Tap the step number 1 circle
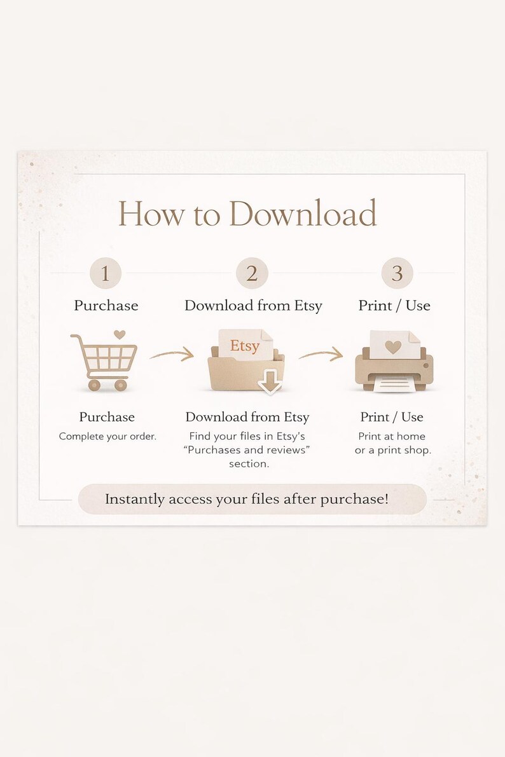tap(106, 273)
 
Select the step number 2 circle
tap(252, 273)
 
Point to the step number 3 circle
tap(398, 273)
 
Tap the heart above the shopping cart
tap(120, 334)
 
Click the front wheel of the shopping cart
tap(121, 385)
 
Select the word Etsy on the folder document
tap(244, 346)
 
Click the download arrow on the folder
tap(270, 381)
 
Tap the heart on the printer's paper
tap(393, 346)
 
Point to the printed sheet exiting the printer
tap(394, 385)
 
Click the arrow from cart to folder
tap(172, 355)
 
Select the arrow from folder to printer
tap(321, 355)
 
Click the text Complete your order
tap(107, 437)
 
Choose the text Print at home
tap(392, 437)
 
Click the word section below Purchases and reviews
tap(249, 464)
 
